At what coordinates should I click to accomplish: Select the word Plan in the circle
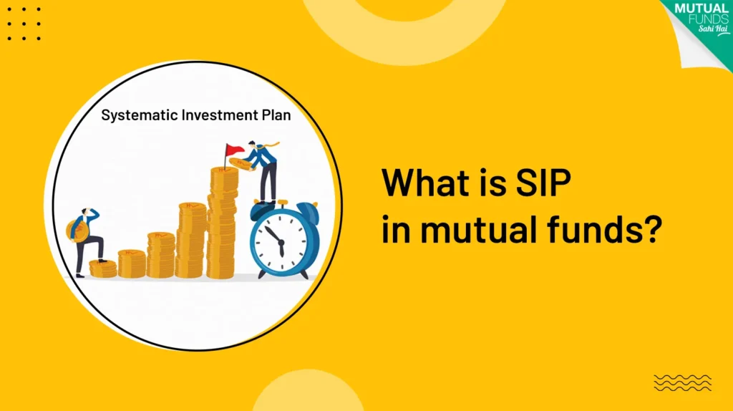[276, 115]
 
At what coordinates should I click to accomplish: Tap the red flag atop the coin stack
[233, 151]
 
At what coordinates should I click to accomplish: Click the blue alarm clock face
[280, 239]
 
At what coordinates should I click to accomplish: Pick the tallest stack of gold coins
[223, 222]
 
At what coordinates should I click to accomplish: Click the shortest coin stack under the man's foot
[102, 269]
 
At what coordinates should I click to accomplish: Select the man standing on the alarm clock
[262, 172]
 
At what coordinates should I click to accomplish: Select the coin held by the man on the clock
[241, 166]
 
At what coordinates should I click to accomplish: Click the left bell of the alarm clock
[260, 211]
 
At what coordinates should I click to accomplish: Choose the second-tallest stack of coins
[191, 241]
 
